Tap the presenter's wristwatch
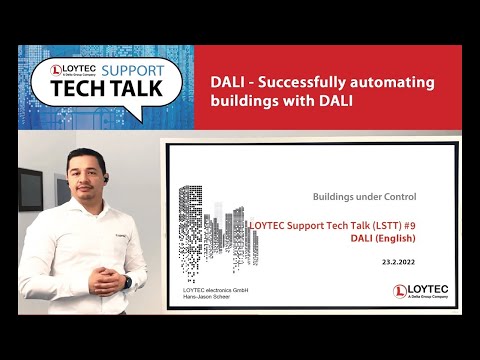[127, 281]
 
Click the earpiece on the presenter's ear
[102, 171]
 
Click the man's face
[84, 171]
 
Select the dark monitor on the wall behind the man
[30, 186]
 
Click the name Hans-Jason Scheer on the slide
[208, 298]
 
